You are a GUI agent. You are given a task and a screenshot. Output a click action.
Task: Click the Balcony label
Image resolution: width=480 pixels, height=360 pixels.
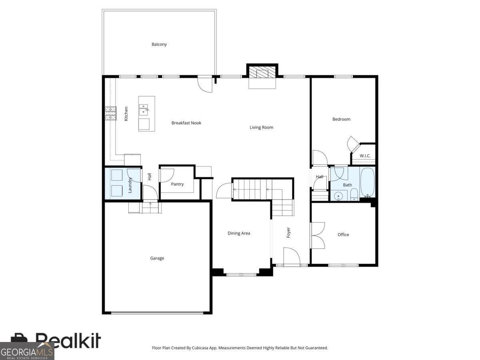tap(159, 44)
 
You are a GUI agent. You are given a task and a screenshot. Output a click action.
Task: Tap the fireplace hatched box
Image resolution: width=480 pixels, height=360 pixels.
tap(262, 72)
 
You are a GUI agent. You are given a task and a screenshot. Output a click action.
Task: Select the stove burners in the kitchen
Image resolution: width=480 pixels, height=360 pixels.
tap(111, 113)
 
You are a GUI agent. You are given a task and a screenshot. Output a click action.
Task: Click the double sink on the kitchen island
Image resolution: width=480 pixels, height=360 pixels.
tap(144, 110)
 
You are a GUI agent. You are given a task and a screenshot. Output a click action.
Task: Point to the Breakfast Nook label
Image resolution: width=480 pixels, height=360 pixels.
tap(186, 123)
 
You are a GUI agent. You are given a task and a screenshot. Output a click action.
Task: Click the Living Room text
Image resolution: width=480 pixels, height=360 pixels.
tap(261, 128)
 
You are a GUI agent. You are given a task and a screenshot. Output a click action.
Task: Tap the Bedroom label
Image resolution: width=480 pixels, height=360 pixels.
tap(341, 119)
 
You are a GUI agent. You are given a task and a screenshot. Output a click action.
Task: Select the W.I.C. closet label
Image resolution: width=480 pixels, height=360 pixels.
tap(365, 156)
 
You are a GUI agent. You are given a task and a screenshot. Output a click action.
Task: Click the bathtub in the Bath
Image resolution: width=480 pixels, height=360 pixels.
tap(367, 182)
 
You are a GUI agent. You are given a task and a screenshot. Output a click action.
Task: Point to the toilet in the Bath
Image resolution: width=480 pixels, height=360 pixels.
tap(354, 194)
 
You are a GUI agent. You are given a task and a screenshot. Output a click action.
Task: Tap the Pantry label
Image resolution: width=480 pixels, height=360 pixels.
tap(177, 184)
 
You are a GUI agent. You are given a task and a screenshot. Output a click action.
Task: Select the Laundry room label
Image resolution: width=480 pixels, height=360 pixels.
tap(130, 185)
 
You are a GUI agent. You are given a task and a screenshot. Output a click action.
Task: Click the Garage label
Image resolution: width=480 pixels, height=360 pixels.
tap(157, 258)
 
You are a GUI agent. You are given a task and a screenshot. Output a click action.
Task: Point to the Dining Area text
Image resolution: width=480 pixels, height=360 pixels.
tap(239, 233)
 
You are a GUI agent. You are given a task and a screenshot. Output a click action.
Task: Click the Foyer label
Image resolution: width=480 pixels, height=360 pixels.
tap(288, 232)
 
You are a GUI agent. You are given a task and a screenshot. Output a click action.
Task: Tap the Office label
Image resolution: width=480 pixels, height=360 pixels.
tap(343, 234)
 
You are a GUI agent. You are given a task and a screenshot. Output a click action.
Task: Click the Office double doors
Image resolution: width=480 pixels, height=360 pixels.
tap(318, 236)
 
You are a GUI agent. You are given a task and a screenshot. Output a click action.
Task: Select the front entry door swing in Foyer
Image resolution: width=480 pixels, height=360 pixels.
tap(292, 256)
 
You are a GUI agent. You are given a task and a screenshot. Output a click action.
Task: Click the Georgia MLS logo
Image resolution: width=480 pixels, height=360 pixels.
tap(27, 351)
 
